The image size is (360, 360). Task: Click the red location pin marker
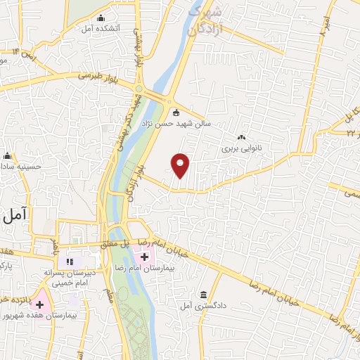(181, 166)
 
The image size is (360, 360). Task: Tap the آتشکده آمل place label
(102, 28)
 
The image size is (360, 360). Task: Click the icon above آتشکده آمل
(102, 18)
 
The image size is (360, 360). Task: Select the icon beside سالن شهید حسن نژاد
(176, 113)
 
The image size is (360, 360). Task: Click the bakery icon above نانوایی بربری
(241, 137)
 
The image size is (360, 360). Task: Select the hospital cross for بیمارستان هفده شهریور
(39, 305)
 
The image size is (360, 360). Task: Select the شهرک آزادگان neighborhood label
(209, 21)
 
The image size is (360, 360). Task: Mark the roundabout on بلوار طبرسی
(139, 91)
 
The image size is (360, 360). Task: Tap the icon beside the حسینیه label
(8, 155)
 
